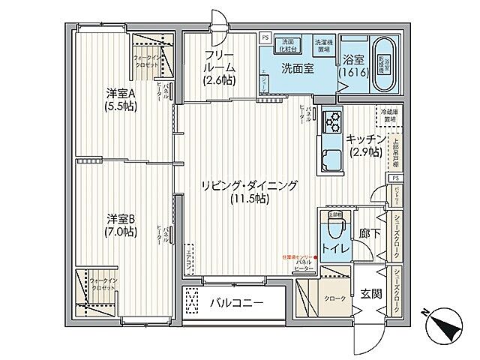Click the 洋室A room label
(x=120, y=100)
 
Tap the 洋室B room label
(x=120, y=226)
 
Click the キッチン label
(x=365, y=145)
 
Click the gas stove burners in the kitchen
(x=331, y=121)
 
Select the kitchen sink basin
(x=331, y=160)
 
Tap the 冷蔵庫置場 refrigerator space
(x=388, y=114)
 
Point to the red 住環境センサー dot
(x=317, y=258)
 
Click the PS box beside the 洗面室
(x=264, y=35)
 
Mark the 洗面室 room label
(x=297, y=67)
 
